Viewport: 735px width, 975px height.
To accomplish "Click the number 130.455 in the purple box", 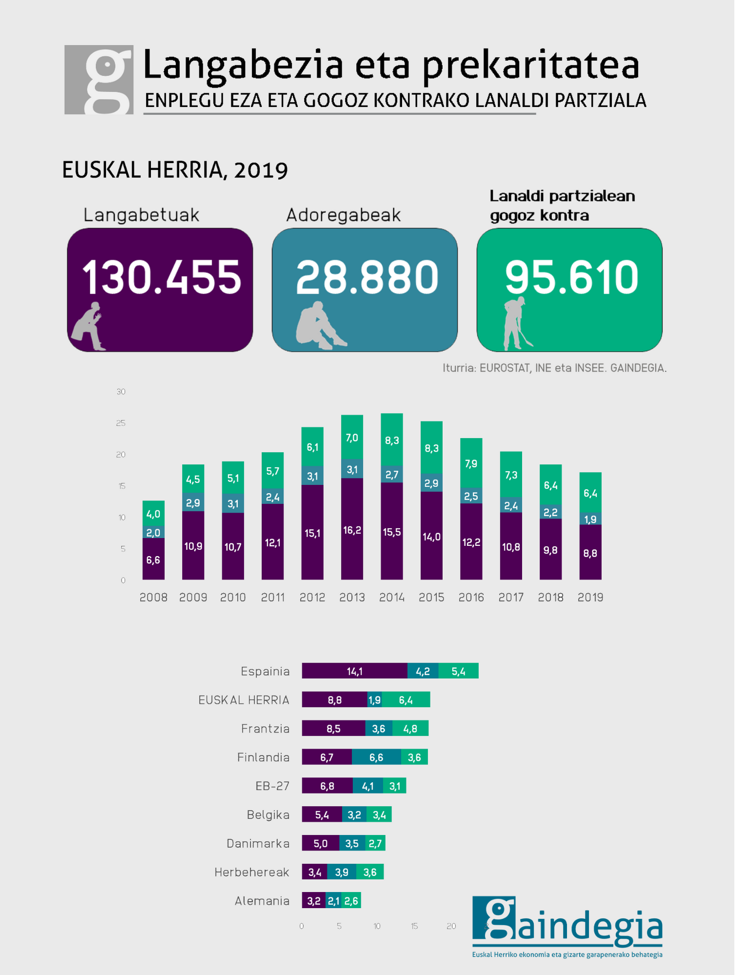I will pos(162,277).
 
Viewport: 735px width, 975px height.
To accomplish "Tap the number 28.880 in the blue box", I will pos(367,277).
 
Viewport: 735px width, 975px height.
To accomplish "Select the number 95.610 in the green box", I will pos(571,277).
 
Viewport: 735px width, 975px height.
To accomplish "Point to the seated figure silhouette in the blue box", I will pos(319,326).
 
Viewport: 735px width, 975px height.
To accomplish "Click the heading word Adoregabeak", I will pos(343,215).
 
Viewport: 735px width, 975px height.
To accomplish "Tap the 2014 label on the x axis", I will pos(392,597).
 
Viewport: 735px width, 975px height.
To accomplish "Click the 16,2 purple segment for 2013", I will pos(352,530).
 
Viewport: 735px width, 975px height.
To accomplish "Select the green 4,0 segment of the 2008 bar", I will pos(153,514).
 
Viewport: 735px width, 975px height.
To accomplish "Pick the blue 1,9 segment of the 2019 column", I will pos(590,519).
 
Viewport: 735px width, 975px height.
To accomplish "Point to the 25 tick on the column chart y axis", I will pos(121,423).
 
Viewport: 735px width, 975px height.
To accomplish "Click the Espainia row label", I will pos(265,671).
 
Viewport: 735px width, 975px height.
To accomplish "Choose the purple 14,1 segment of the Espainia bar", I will pos(355,671).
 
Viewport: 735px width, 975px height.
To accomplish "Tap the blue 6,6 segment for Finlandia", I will pos(376,757).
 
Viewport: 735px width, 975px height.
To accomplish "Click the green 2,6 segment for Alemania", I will pos(352,901).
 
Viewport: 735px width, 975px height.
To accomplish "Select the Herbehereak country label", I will pos(252,872).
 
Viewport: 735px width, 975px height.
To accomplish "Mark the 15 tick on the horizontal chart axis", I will pos(414,926).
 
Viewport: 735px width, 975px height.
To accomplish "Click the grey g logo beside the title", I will pos(99,80).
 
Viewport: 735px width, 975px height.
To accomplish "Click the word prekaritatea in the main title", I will pos(531,66).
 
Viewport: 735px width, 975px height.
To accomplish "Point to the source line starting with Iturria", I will pos(554,368).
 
